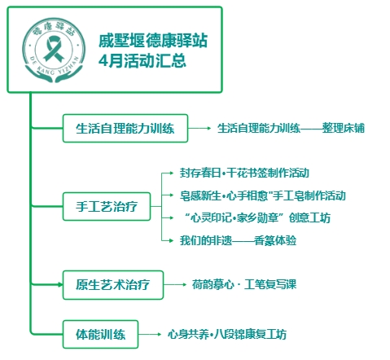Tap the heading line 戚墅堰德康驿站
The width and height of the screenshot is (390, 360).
point(153,41)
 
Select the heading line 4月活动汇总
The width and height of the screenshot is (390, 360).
point(142,60)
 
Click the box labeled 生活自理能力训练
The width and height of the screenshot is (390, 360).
point(125,128)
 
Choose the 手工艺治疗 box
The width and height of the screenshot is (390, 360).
point(107,206)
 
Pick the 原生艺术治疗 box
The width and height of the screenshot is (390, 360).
point(113,285)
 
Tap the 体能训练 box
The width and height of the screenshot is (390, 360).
point(100,334)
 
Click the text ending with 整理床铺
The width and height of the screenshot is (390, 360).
point(291,128)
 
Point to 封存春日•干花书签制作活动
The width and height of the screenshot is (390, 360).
point(244,173)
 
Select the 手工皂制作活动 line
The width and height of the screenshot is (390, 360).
point(262,195)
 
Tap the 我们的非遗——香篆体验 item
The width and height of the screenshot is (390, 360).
point(238,240)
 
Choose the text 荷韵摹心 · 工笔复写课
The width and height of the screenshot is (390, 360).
point(244,284)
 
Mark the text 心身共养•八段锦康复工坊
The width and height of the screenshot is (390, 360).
point(227,334)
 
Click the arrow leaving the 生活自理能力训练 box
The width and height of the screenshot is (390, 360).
point(199,128)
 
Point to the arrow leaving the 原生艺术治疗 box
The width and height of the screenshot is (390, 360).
point(175,284)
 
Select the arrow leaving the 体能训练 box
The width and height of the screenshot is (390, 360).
point(150,334)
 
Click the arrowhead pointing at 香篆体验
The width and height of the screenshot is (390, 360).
point(171,240)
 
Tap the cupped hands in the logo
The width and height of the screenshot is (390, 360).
point(54,75)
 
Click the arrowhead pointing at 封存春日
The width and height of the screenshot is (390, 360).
point(171,173)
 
